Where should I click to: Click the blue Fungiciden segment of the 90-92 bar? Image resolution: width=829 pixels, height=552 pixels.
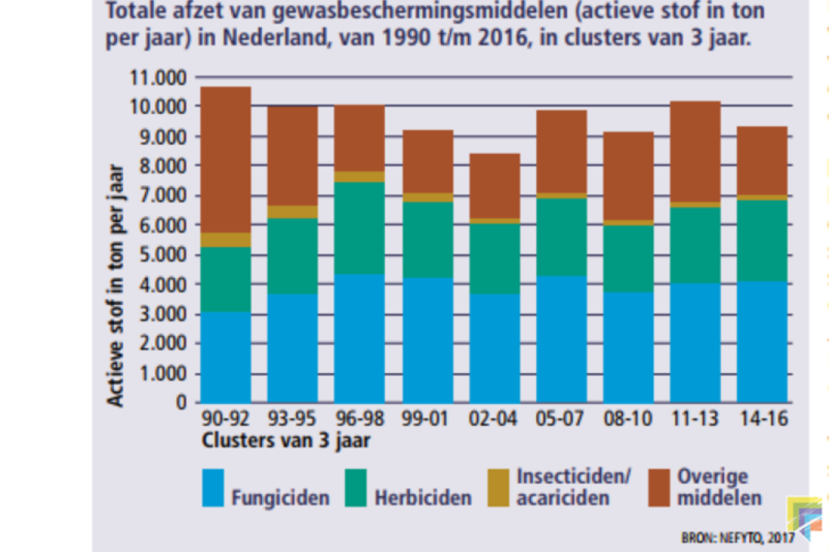coord(225,357)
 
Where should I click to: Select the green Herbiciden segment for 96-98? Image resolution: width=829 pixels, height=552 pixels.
coord(359,228)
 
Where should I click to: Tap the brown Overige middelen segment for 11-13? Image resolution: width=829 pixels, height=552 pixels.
coord(695,152)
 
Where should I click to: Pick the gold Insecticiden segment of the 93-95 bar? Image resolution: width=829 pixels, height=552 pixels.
coord(293,212)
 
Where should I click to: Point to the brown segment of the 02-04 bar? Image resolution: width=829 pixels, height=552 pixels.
coord(495,186)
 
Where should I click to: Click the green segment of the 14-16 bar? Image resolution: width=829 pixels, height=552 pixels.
coord(762,241)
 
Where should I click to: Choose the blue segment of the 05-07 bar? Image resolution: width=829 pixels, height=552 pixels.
coord(562,339)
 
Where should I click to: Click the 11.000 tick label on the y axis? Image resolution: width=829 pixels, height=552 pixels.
coord(158,77)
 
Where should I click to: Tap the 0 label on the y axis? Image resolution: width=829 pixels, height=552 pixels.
coord(181,403)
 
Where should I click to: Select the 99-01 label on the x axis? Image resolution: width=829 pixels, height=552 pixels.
coord(425,418)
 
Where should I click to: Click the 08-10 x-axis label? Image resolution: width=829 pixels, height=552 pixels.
coord(628,418)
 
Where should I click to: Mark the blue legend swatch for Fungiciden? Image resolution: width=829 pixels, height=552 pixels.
coord(213,488)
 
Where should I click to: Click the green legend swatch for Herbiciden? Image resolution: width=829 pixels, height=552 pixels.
coord(356,488)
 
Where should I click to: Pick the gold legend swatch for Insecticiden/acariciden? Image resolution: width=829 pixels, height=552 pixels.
coord(498,488)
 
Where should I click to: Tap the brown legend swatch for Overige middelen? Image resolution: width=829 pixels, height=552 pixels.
coord(659,488)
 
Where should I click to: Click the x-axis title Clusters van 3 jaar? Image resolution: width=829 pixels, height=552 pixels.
coord(286,441)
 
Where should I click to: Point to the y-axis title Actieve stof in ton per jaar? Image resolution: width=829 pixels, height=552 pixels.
coord(115,285)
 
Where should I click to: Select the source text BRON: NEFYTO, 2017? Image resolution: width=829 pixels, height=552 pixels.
coord(738,538)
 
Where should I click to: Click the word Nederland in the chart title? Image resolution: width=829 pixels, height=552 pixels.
coord(277,37)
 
